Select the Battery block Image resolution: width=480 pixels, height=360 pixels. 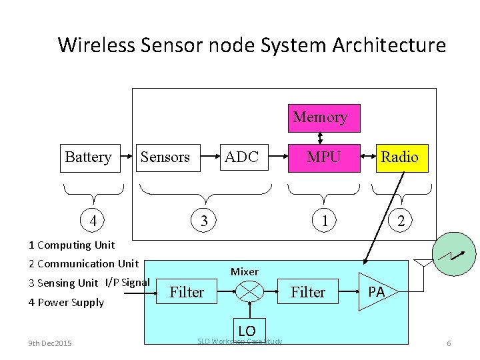point(87,157)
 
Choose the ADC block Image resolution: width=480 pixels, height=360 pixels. point(241,157)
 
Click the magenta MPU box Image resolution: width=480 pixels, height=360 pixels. point(323,157)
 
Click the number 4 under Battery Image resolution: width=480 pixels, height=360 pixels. point(94,220)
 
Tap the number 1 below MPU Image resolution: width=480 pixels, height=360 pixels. point(325,220)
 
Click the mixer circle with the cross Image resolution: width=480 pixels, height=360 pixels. point(250,291)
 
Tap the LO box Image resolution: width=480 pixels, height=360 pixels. point(246,330)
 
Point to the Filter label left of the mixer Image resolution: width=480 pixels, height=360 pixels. point(187,292)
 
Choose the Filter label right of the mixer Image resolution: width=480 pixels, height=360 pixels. point(308,292)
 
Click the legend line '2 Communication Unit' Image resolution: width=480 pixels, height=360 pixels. point(83,263)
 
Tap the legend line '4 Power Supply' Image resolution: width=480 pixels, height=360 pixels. point(66,302)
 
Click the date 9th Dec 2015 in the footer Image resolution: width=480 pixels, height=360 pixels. point(51,343)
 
